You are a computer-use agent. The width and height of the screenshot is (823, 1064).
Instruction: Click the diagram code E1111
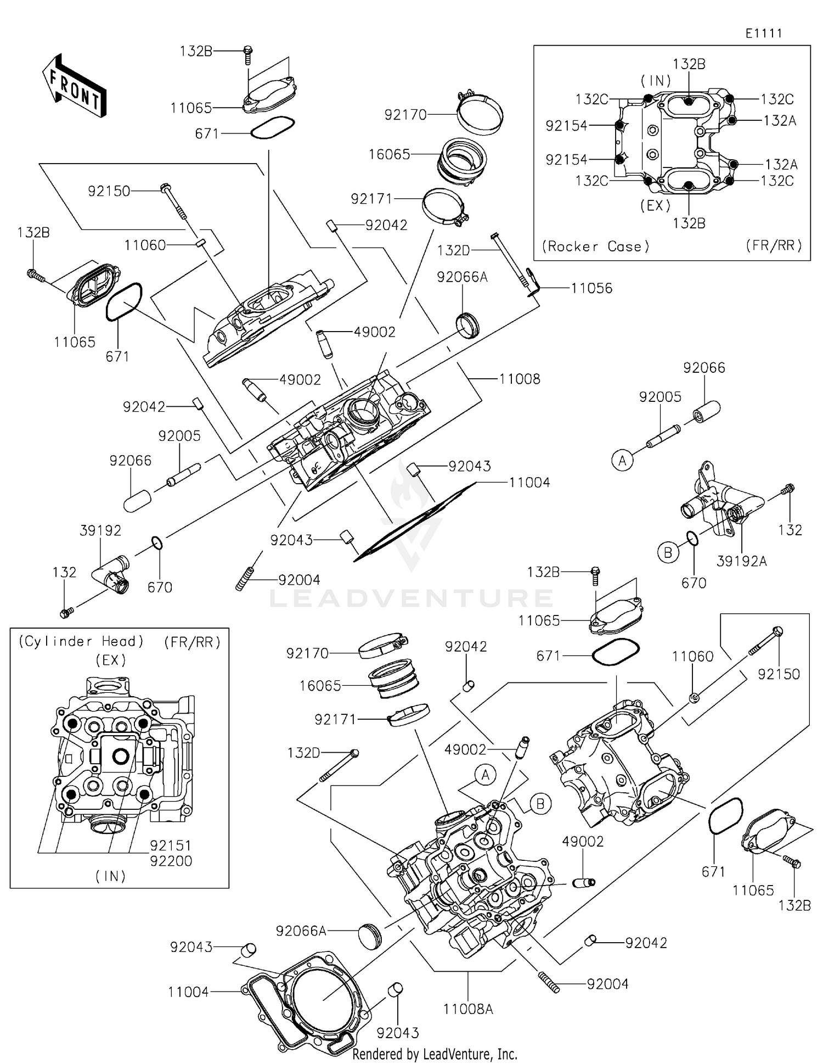click(763, 33)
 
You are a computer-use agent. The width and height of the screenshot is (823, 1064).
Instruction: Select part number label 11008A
click(468, 1009)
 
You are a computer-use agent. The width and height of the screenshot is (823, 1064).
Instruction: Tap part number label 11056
click(591, 288)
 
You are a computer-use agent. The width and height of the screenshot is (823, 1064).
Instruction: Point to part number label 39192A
click(741, 561)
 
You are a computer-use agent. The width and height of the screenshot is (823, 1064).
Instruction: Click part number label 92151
click(171, 845)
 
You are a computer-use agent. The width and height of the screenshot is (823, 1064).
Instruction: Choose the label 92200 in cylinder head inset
click(171, 860)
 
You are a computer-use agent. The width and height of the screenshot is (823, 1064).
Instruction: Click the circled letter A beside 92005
click(622, 460)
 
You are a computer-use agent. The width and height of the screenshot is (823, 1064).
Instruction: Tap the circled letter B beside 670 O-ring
click(668, 552)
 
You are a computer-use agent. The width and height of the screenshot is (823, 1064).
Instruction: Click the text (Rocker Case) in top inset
click(595, 246)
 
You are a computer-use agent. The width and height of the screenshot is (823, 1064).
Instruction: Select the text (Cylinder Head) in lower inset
click(81, 641)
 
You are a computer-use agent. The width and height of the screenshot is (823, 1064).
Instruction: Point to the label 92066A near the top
click(462, 277)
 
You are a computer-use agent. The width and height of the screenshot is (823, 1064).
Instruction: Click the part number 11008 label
click(519, 379)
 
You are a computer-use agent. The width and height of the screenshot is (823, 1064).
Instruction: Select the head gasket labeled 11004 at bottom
click(307, 1000)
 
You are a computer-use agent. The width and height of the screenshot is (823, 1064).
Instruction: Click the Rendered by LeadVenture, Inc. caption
click(435, 1054)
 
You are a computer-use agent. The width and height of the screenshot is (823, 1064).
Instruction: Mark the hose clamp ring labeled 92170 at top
click(481, 114)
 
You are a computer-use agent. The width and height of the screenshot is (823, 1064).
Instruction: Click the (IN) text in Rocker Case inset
click(656, 81)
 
